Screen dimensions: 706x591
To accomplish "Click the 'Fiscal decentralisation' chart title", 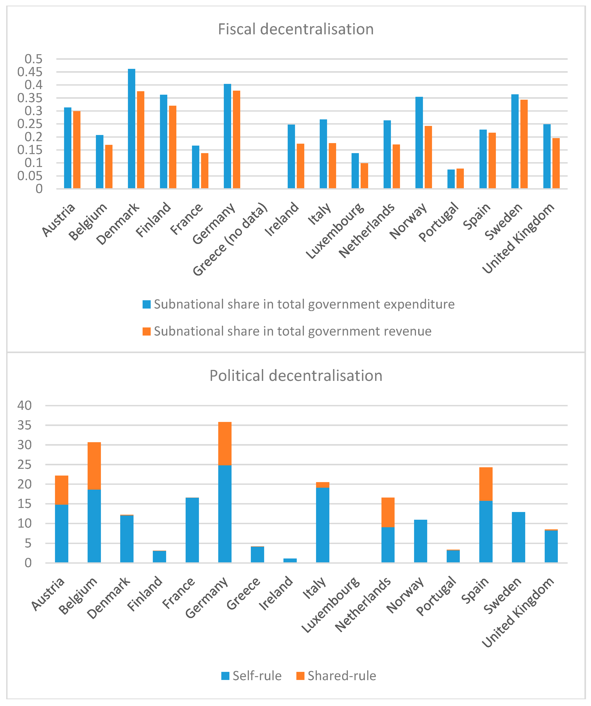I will click(x=296, y=29).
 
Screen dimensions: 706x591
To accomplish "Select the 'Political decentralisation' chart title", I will click(x=296, y=375).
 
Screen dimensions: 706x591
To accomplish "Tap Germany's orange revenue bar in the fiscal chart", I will click(x=237, y=139).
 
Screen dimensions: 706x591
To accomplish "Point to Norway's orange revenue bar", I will click(x=428, y=157).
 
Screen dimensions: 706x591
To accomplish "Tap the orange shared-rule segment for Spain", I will click(x=486, y=484).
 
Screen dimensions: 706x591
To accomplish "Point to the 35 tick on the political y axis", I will click(x=25, y=425).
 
